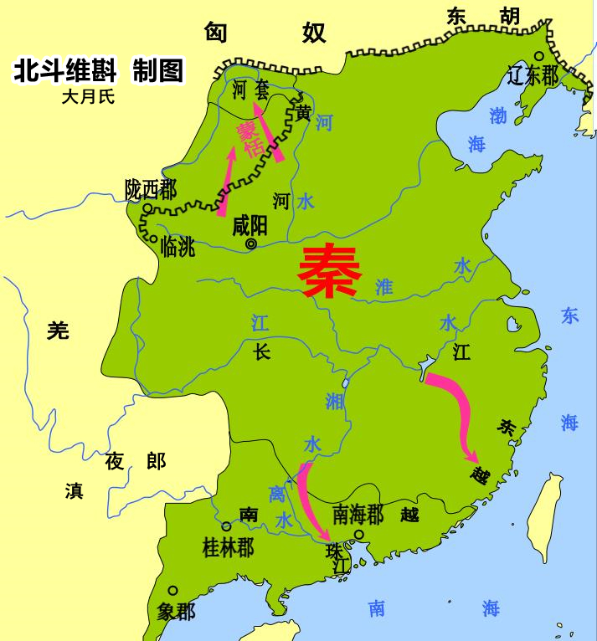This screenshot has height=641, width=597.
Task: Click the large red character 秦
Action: tap(331, 271)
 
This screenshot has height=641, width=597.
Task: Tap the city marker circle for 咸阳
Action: tap(251, 244)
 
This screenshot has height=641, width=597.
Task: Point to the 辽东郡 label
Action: tap(533, 76)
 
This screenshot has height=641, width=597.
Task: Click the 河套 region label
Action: tap(250, 89)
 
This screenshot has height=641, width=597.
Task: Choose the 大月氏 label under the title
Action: tap(87, 96)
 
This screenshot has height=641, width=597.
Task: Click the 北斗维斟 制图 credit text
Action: tap(98, 70)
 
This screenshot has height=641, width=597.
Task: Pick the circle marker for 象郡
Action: tap(172, 590)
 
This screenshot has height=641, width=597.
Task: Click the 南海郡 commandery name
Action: tap(358, 513)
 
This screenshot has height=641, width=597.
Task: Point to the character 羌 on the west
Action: tap(57, 331)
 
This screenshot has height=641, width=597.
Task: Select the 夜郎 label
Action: tap(135, 460)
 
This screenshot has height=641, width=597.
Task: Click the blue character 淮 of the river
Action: tap(383, 287)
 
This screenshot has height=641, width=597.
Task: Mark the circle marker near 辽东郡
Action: tap(540, 57)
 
